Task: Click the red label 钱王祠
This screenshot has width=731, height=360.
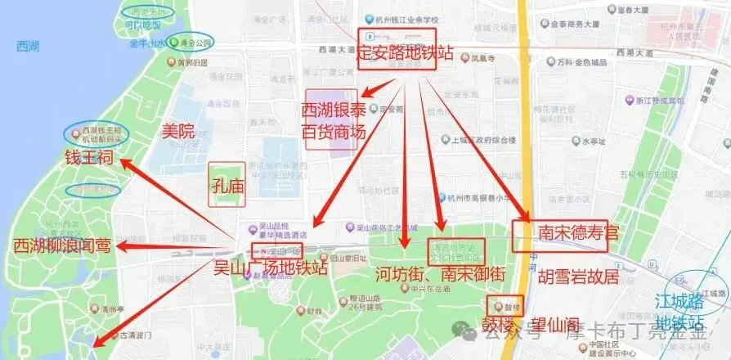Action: pyautogui.click(x=82, y=157)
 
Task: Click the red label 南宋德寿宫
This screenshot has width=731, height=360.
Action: pyautogui.click(x=578, y=234)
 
